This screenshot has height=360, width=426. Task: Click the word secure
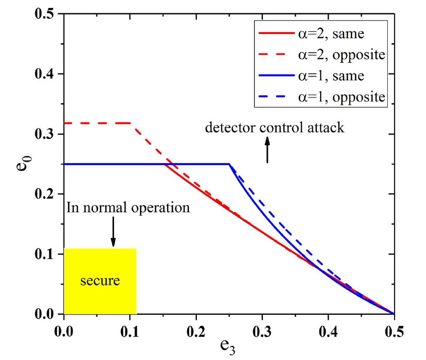[x=100, y=281]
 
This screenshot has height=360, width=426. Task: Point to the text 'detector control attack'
[x=275, y=128]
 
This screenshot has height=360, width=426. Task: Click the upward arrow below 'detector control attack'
[x=267, y=149]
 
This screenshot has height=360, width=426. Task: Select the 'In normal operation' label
[x=128, y=208]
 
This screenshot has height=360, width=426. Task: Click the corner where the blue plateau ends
[x=229, y=164]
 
